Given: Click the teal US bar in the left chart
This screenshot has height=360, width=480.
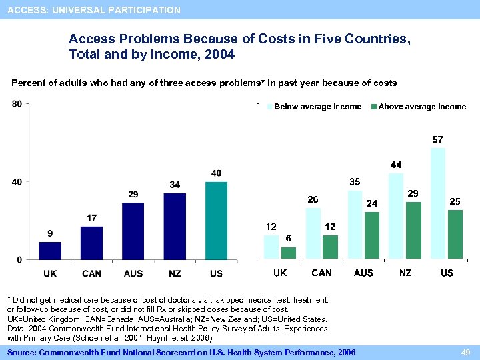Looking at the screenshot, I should pyautogui.click(x=216, y=220).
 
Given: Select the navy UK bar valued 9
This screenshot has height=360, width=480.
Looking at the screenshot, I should pyautogui.click(x=50, y=251).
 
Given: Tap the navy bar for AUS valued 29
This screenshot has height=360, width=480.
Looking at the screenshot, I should pyautogui.click(x=133, y=231).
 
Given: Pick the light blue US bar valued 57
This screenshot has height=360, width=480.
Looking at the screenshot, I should pyautogui.click(x=438, y=203).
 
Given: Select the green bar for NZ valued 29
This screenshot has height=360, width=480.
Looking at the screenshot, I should pyautogui.click(x=413, y=230).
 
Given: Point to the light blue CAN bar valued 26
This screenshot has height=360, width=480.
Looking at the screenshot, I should pyautogui.click(x=313, y=233).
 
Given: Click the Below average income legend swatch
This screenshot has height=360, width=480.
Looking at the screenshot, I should pyautogui.click(x=270, y=107).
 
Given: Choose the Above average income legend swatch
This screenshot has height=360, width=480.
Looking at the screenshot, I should pyautogui.click(x=374, y=107).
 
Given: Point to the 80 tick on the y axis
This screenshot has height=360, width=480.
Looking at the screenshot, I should pyautogui.click(x=17, y=103).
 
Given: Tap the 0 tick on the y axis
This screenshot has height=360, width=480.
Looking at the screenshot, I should pyautogui.click(x=20, y=259).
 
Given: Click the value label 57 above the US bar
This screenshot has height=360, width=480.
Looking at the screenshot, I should pyautogui.click(x=437, y=140).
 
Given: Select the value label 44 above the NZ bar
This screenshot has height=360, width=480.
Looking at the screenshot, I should pyautogui.click(x=396, y=165).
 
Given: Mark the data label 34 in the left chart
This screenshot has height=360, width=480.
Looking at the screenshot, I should pyautogui.click(x=175, y=184).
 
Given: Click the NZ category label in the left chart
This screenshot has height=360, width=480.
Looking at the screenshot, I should pyautogui.click(x=175, y=273).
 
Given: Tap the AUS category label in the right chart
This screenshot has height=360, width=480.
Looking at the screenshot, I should pyautogui.click(x=363, y=273).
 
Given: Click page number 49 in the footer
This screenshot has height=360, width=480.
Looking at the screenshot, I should pyautogui.click(x=467, y=352).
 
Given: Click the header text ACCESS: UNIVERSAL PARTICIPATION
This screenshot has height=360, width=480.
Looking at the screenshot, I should pyautogui.click(x=94, y=10).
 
